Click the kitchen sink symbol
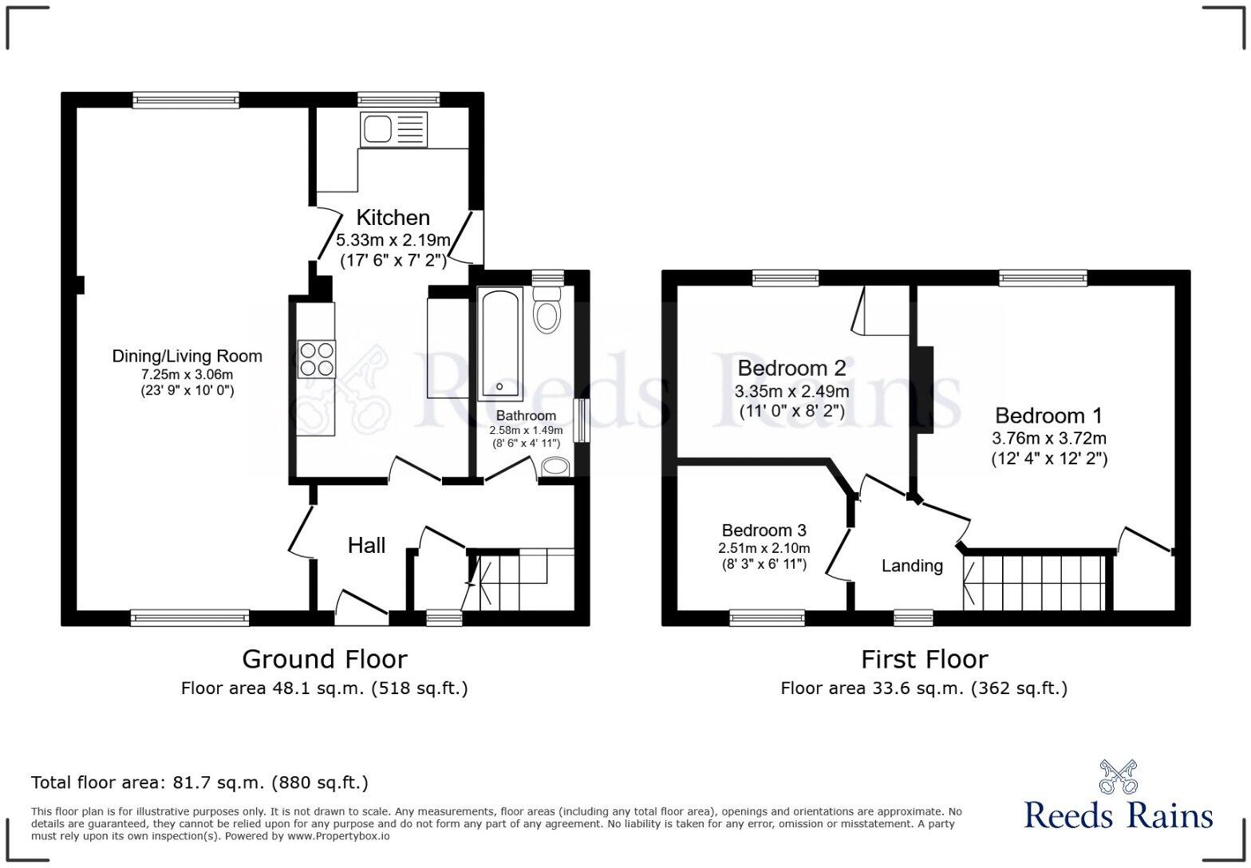(x=394, y=129)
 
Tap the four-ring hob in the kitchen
(x=317, y=358)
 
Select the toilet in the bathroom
(x=547, y=310)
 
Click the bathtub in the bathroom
(x=500, y=344)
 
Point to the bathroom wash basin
(x=554, y=467)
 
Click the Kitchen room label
(x=393, y=217)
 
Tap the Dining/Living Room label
(x=187, y=356)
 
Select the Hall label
(x=366, y=545)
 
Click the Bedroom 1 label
(x=1049, y=416)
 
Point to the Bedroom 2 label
(x=792, y=368)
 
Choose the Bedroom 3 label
(x=764, y=530)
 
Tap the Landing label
(x=912, y=566)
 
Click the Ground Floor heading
(x=325, y=659)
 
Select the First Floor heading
(x=924, y=659)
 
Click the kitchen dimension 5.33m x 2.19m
(x=393, y=240)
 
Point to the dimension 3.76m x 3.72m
(x=1049, y=438)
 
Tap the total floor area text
(x=200, y=783)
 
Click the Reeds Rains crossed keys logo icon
(x=1118, y=777)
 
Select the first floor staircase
(x=1035, y=583)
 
